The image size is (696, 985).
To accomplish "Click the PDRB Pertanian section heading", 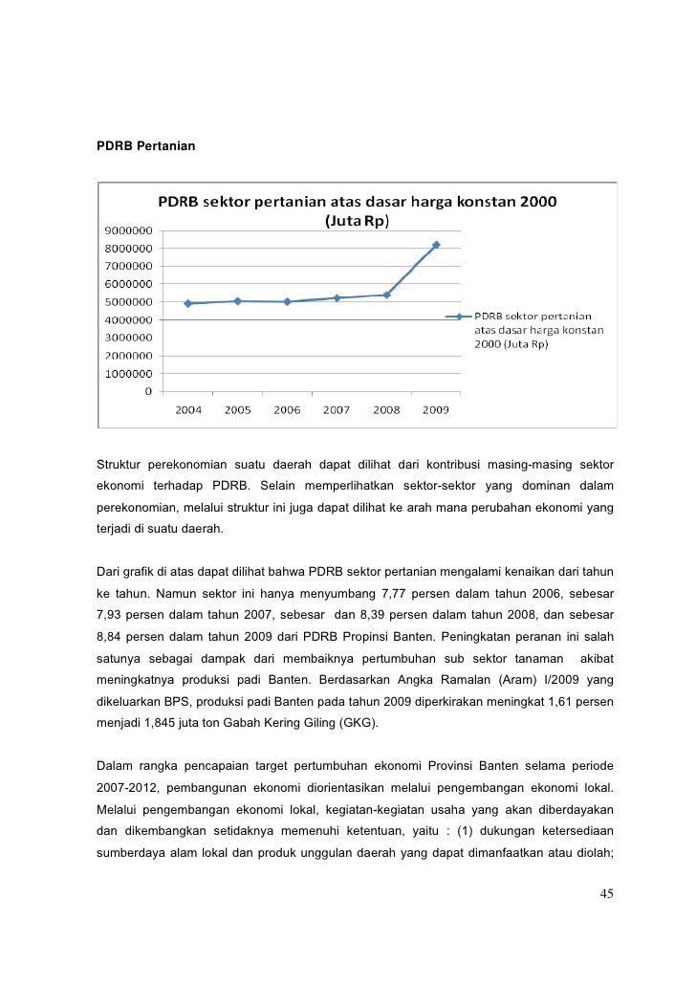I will [146, 145].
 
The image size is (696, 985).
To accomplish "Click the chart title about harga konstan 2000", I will [358, 211].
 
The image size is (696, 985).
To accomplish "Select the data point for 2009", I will [436, 245].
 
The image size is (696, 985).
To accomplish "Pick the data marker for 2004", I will [188, 303].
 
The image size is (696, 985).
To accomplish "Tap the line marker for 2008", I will [386, 295].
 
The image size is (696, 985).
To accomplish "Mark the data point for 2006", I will [287, 301].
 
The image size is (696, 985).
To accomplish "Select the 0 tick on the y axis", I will [148, 391].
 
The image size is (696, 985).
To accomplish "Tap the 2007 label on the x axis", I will [337, 410].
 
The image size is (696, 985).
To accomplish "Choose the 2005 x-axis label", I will [237, 410].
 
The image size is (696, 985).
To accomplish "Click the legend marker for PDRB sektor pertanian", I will [459, 317].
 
